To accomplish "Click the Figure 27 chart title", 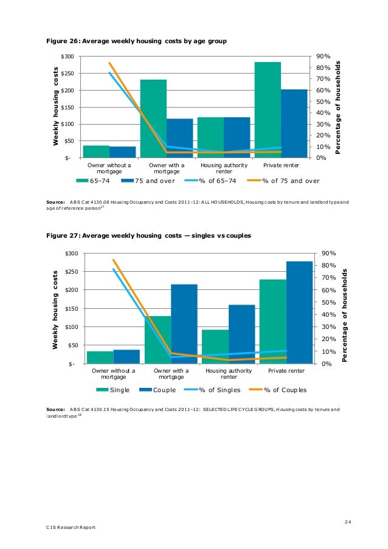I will pos(149,235).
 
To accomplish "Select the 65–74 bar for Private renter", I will pos(268,109).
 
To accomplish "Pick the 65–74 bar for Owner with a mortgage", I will pos(153,119).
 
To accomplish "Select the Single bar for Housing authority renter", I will pos(215,347).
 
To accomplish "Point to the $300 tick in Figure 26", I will pos(67,57).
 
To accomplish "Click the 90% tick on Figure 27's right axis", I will pos(320,253).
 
